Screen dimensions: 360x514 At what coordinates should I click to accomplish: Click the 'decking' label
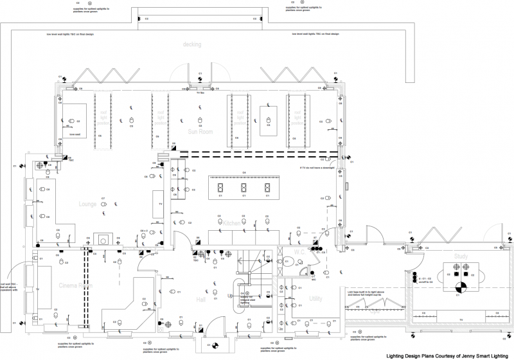point(191,44)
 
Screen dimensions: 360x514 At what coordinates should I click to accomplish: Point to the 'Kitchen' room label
point(232,223)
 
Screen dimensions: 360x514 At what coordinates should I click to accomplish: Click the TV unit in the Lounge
point(158,204)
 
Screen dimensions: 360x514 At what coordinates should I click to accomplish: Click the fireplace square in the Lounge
point(102,238)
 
